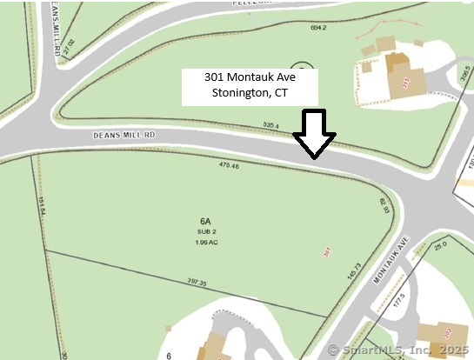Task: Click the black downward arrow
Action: click(314, 135)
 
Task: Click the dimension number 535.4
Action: click(270, 126)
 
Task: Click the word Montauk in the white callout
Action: click(250, 77)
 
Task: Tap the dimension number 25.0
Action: click(440, 245)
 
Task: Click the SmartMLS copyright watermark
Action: click(399, 350)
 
